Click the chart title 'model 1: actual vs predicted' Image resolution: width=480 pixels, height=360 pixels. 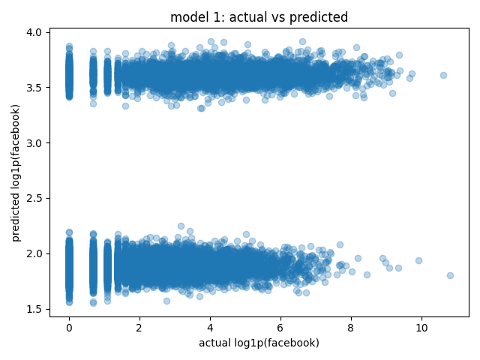pos(259,17)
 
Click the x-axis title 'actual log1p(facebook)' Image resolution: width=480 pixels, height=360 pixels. pos(259,343)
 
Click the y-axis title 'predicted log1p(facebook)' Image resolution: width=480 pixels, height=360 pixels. pos(16,173)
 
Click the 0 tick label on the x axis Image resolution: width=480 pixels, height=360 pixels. pos(69,328)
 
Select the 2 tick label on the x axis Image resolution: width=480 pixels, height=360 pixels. pos(139,328)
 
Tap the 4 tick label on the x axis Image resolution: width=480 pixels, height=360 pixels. pos(210,328)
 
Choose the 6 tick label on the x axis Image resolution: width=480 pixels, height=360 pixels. pos(280,328)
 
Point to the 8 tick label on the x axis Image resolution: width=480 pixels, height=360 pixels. pos(351,328)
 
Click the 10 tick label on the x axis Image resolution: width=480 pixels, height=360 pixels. pos(421,328)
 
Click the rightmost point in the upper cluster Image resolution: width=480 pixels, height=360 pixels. pos(443,75)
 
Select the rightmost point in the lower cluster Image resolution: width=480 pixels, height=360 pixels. pos(450,275)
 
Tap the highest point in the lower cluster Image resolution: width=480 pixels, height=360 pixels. pos(181,226)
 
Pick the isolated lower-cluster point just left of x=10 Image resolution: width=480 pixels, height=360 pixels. pos(418,260)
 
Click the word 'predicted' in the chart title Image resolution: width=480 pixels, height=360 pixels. pos(319,17)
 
